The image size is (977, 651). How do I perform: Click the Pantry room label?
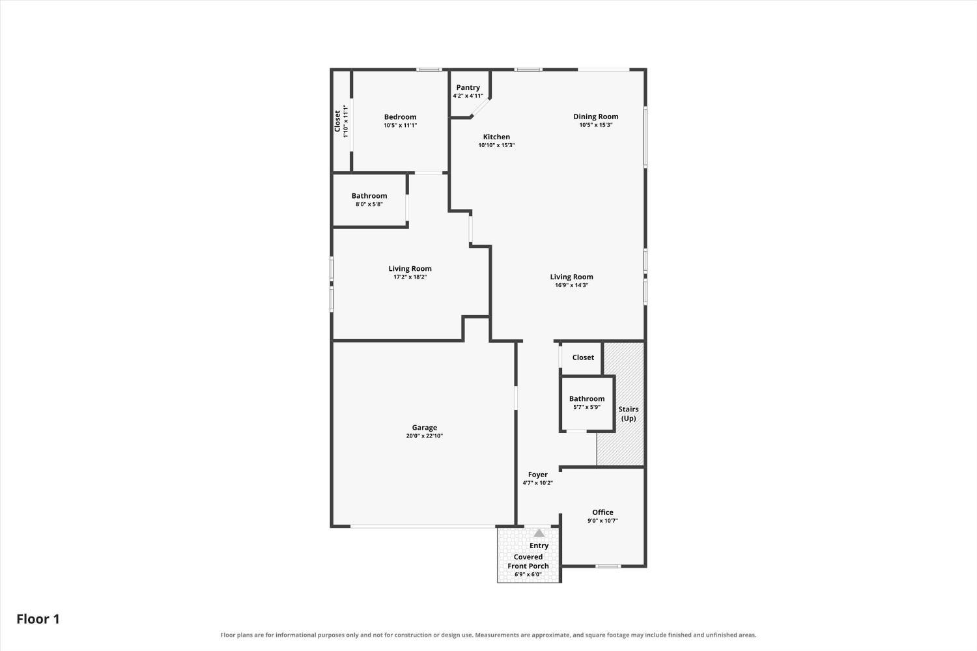[x=468, y=88]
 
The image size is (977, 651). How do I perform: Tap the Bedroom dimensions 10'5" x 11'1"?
[x=401, y=125]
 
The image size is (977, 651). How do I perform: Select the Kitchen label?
[x=496, y=137]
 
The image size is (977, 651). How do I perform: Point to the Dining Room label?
[x=596, y=117]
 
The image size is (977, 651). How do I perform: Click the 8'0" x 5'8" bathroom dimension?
[x=369, y=204]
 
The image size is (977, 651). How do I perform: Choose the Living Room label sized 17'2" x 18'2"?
[x=410, y=269]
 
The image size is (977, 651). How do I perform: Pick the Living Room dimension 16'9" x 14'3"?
[x=571, y=285]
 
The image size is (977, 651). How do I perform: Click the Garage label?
[x=425, y=428]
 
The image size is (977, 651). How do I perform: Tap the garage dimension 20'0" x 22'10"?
[x=425, y=436]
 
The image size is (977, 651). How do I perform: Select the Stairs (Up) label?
[x=629, y=414]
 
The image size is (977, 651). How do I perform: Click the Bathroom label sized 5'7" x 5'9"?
[x=587, y=398]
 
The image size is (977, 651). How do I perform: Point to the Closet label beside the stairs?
[x=583, y=357]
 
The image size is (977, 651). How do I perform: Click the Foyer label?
[x=538, y=475]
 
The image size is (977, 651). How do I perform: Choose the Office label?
[x=602, y=512]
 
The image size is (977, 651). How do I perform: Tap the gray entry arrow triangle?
[x=539, y=533]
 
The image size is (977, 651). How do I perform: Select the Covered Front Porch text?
[x=528, y=562]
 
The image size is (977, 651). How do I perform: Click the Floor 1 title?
[x=38, y=619]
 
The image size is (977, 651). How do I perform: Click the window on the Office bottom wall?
[x=608, y=566]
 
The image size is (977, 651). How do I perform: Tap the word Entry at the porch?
[x=539, y=546]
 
